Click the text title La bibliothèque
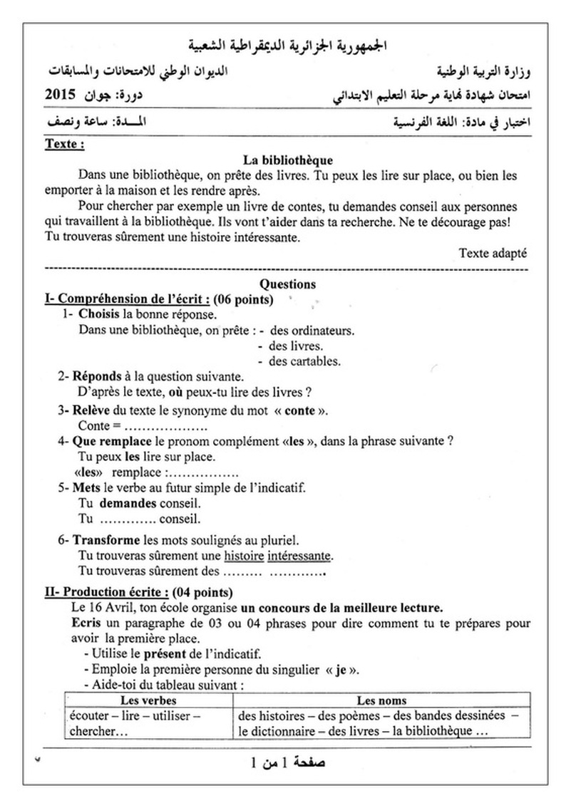(x=287, y=160)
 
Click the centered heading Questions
(x=287, y=284)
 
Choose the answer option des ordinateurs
(x=312, y=331)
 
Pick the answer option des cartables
(x=304, y=361)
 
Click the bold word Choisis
(x=99, y=314)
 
